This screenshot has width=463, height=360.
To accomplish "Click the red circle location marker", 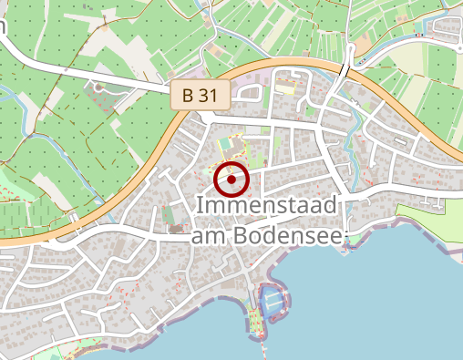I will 231,180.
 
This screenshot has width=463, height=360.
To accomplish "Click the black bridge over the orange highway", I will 345,70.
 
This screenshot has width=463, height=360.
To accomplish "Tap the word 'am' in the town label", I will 208,235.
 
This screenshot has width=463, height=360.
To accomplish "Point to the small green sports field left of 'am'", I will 168,217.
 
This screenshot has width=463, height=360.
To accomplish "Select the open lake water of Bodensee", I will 383,301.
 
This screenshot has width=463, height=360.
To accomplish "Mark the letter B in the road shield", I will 188,95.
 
